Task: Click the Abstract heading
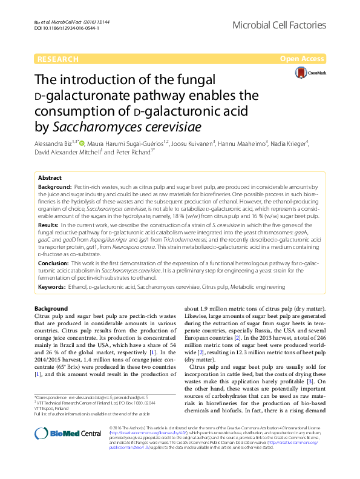click(50, 178)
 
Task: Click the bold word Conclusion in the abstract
click(54, 263)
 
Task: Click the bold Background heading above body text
click(51, 308)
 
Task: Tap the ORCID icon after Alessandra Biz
click(82, 142)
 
